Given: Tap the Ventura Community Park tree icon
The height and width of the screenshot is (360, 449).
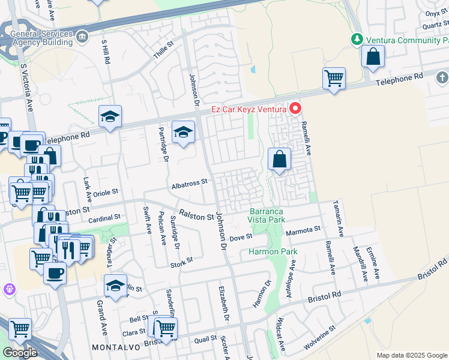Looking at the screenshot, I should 357,39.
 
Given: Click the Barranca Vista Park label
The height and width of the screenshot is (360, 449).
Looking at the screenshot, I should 267,216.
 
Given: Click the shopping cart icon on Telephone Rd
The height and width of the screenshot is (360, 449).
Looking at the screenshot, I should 334,78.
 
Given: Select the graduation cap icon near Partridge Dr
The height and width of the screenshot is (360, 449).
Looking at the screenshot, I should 183,133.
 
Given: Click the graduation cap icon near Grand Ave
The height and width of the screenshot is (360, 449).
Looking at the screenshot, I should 115,286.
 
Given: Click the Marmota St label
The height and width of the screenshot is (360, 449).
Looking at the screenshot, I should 303,229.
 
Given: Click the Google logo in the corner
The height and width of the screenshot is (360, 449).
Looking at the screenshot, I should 20,353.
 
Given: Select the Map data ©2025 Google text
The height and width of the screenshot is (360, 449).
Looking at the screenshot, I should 411,355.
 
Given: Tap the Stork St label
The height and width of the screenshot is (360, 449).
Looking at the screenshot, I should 181,261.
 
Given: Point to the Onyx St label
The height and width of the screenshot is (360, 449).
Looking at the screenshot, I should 433,13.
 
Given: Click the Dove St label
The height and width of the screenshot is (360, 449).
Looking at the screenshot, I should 240,238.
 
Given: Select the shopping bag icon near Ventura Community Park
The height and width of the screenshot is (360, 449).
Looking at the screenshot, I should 373,57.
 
